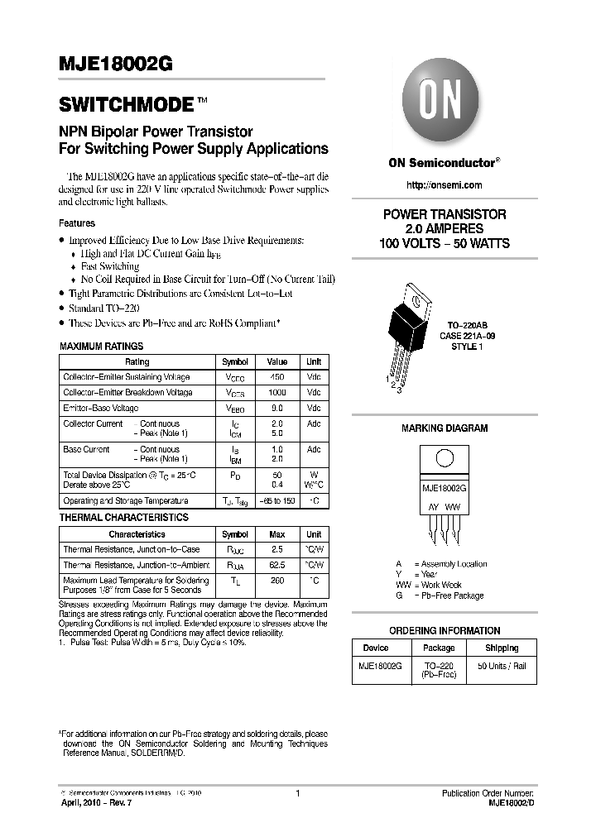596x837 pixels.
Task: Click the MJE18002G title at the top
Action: tap(115, 70)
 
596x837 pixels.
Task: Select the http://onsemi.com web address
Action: tap(445, 185)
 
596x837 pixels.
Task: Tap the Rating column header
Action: tap(137, 361)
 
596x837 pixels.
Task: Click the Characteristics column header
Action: tap(137, 534)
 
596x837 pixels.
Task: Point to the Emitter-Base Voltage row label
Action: tap(101, 409)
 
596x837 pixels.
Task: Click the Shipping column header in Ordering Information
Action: tap(502, 648)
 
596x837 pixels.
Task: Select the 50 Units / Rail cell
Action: tap(502, 666)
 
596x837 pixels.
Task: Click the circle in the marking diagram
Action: tap(444, 460)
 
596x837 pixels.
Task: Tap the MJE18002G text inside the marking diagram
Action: tap(445, 489)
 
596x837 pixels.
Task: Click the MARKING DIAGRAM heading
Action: tap(445, 428)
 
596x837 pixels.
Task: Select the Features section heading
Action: tap(77, 223)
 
